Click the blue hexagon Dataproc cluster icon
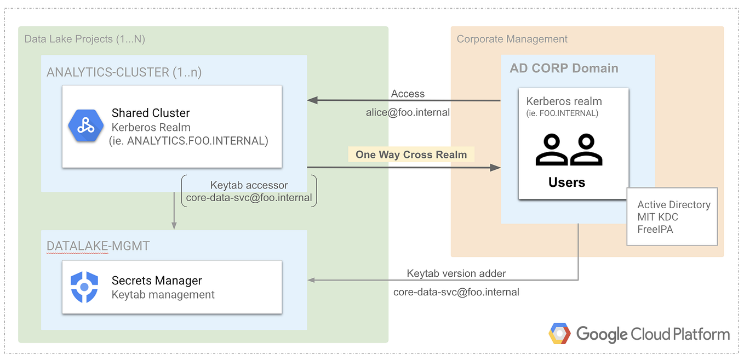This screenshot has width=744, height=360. (x=85, y=126)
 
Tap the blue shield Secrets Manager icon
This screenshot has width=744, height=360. (x=84, y=287)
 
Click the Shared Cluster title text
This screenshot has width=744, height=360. (x=151, y=113)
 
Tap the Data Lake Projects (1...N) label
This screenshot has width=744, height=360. (x=84, y=39)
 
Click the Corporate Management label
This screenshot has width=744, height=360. (x=512, y=39)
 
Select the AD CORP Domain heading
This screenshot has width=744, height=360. (x=564, y=68)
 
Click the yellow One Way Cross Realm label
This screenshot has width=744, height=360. (x=411, y=155)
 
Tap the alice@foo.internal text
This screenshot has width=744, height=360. (x=408, y=112)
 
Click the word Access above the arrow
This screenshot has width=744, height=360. (x=408, y=94)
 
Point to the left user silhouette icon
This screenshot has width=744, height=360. (x=551, y=150)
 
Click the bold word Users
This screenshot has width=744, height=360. (x=566, y=182)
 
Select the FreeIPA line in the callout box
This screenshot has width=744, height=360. (x=655, y=229)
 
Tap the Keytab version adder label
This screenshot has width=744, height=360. (x=456, y=273)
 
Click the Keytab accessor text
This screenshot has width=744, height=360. (x=249, y=185)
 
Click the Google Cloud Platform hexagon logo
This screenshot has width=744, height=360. (x=560, y=334)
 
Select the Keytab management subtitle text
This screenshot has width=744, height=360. (x=163, y=295)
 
